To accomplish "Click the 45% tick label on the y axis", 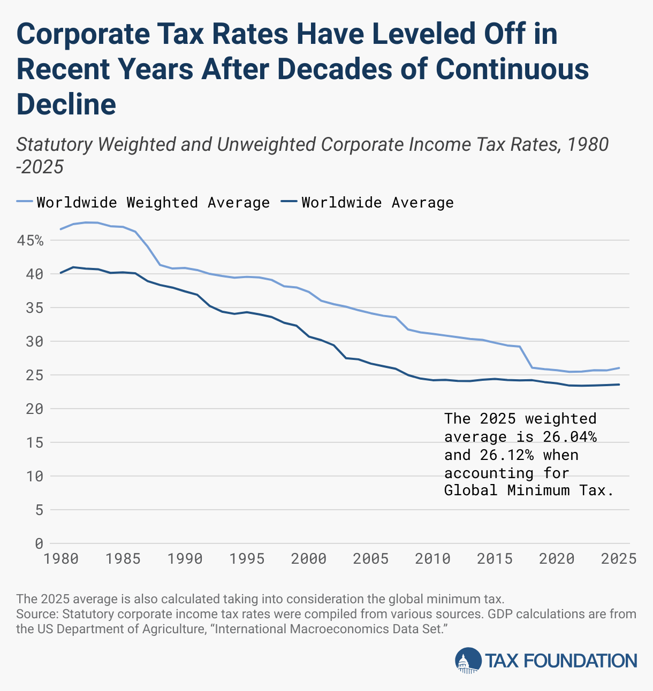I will coord(30,241).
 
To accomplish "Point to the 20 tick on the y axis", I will coord(35,409).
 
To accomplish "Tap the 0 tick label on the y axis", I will coord(39,543).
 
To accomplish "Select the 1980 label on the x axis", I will coord(61,559).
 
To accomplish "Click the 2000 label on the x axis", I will coord(309,559).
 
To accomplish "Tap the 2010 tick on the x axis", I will coord(432,559).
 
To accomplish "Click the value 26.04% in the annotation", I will coord(570,437).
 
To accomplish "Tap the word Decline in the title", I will coord(66,104).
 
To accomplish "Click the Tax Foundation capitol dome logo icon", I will coord(468,661).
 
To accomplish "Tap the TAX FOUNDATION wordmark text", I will coord(561,661).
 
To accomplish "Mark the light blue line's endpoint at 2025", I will coord(619,368).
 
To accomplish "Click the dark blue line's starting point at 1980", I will coord(60,273).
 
